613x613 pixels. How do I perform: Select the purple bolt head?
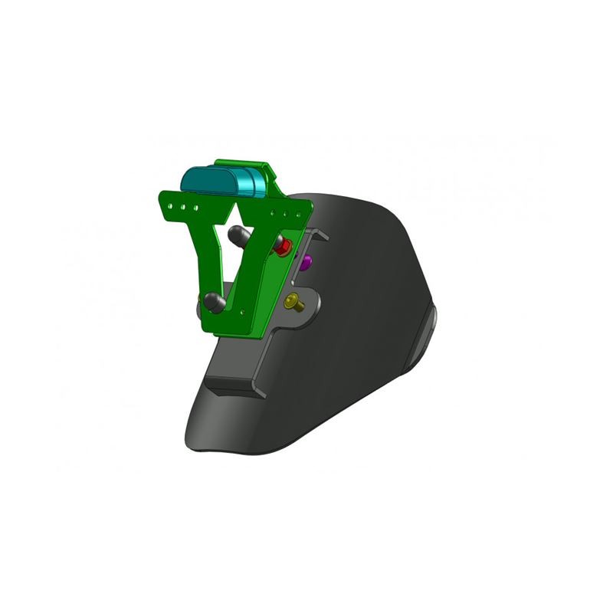coord(306,262)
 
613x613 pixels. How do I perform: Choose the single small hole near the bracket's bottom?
coord(244,310)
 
